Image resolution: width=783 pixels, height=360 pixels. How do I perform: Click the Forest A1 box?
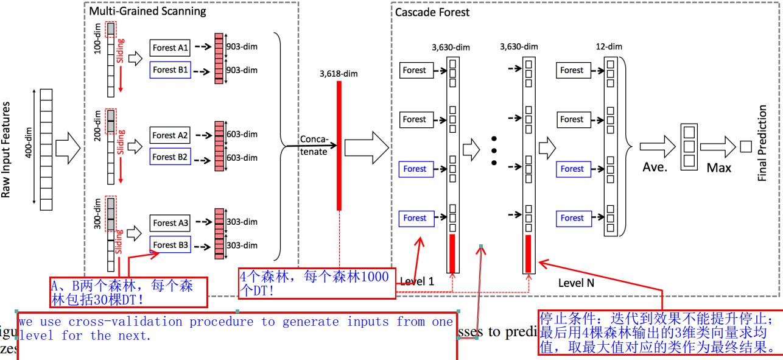170,48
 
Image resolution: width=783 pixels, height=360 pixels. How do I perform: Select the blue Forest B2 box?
170,157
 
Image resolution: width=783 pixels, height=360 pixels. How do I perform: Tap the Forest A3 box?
170,223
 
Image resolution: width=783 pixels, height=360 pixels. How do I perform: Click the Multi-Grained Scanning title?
148,11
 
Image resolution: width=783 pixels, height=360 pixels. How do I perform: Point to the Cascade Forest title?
432,12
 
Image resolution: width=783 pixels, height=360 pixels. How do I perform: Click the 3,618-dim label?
339,74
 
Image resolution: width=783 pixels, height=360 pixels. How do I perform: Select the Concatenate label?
314,146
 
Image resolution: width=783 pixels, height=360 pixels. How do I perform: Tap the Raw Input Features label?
7,149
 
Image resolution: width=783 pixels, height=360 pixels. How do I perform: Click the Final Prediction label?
762,143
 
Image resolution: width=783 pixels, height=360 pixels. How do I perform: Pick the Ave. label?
655,166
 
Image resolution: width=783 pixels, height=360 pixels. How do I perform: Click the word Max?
718,166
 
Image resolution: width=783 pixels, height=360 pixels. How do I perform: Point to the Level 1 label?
417,282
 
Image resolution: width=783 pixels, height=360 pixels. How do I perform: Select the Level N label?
576,283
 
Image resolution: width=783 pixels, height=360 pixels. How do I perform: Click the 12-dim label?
609,47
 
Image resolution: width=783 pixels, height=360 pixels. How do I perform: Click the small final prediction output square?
745,146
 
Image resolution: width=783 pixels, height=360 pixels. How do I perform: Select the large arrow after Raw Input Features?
68,147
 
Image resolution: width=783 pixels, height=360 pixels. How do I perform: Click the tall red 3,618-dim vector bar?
339,146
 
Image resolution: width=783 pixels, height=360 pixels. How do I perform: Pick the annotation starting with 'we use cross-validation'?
236,328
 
